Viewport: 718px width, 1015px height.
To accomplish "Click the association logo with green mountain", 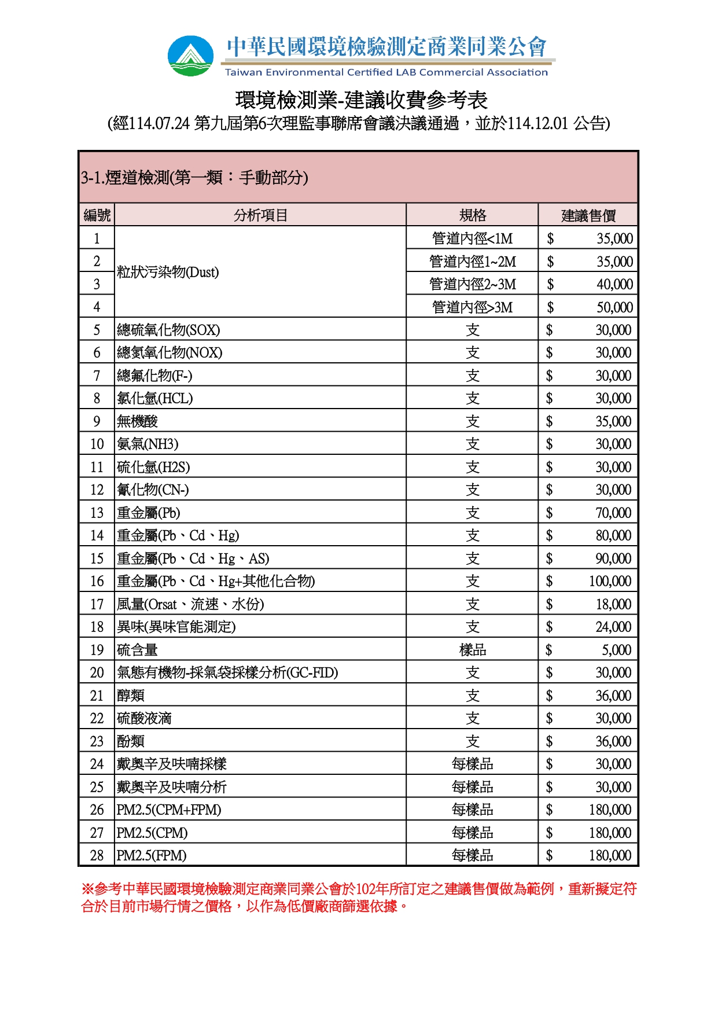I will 190,56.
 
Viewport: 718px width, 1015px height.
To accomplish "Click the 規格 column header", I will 472,215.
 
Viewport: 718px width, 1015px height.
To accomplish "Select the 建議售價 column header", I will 588,216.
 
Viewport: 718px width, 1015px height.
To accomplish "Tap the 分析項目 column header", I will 260,215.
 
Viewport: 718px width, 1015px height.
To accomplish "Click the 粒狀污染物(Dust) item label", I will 168,272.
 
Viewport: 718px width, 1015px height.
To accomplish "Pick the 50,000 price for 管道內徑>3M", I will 614,307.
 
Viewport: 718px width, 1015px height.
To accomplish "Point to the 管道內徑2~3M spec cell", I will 472,284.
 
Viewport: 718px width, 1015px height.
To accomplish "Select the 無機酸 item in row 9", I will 138,421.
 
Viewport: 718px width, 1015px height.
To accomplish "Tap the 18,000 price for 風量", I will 613,604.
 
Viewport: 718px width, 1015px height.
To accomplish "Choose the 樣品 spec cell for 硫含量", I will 472,650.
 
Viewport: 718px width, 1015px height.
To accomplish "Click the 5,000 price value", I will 616,650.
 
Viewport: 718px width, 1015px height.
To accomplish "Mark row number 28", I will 97,855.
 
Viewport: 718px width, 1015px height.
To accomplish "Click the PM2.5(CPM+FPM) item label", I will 169,810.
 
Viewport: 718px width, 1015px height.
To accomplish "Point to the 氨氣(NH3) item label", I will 148,444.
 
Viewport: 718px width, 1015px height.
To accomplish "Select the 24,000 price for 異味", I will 613,627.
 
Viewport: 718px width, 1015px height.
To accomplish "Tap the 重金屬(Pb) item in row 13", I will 149,513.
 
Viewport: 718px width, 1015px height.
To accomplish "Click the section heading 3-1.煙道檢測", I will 194,177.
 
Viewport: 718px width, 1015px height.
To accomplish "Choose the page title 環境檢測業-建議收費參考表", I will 361,100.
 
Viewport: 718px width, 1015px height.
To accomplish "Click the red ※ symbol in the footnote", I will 87,889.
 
